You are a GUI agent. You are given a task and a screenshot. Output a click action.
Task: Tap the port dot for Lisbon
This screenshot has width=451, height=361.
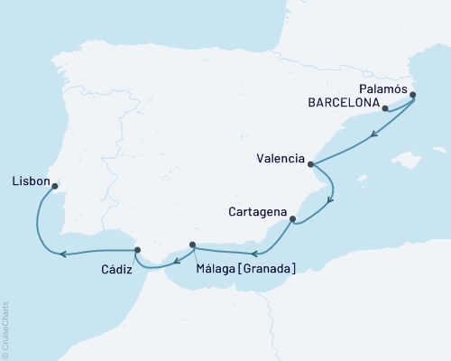(x=55, y=188)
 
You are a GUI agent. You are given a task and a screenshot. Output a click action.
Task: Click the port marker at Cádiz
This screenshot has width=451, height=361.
(x=137, y=250)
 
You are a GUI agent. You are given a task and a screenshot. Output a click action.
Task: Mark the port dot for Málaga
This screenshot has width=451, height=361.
(x=193, y=245)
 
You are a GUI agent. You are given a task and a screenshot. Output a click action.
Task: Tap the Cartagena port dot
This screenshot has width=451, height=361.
(x=292, y=219)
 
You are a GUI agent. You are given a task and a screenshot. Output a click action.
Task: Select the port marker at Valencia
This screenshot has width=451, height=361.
(x=311, y=164)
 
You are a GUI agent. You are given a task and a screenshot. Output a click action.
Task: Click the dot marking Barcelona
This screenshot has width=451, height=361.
(x=385, y=109)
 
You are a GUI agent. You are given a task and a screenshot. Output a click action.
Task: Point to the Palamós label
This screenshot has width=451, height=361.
(x=382, y=88)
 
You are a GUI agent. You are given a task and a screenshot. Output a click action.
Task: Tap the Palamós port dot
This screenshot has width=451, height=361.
(x=413, y=94)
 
